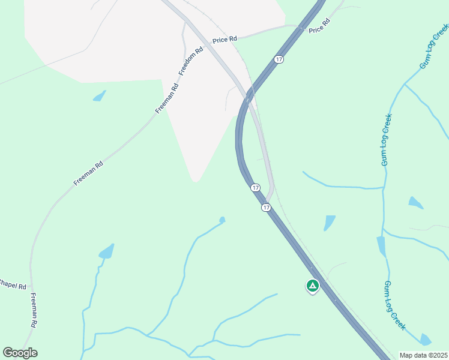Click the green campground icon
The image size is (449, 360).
(312, 286)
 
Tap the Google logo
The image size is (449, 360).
(20, 353)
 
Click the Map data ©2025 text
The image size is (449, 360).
(423, 355)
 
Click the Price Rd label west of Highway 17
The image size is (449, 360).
(225, 39)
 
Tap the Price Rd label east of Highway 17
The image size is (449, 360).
(319, 27)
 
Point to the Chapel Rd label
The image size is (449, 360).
(13, 286)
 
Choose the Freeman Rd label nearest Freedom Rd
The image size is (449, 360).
(167, 98)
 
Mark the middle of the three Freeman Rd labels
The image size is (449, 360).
(89, 173)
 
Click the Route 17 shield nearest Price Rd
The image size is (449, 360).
(278, 59)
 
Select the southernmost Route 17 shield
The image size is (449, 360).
(266, 207)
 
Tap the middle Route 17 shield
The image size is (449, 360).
(256, 188)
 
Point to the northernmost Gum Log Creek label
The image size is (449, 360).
(433, 47)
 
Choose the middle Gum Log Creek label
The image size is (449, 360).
(387, 140)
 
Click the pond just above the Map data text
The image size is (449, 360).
(426, 340)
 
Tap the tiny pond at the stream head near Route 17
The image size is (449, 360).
(222, 220)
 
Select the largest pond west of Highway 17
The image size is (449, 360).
(106, 251)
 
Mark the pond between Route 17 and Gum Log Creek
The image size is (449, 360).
(329, 223)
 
